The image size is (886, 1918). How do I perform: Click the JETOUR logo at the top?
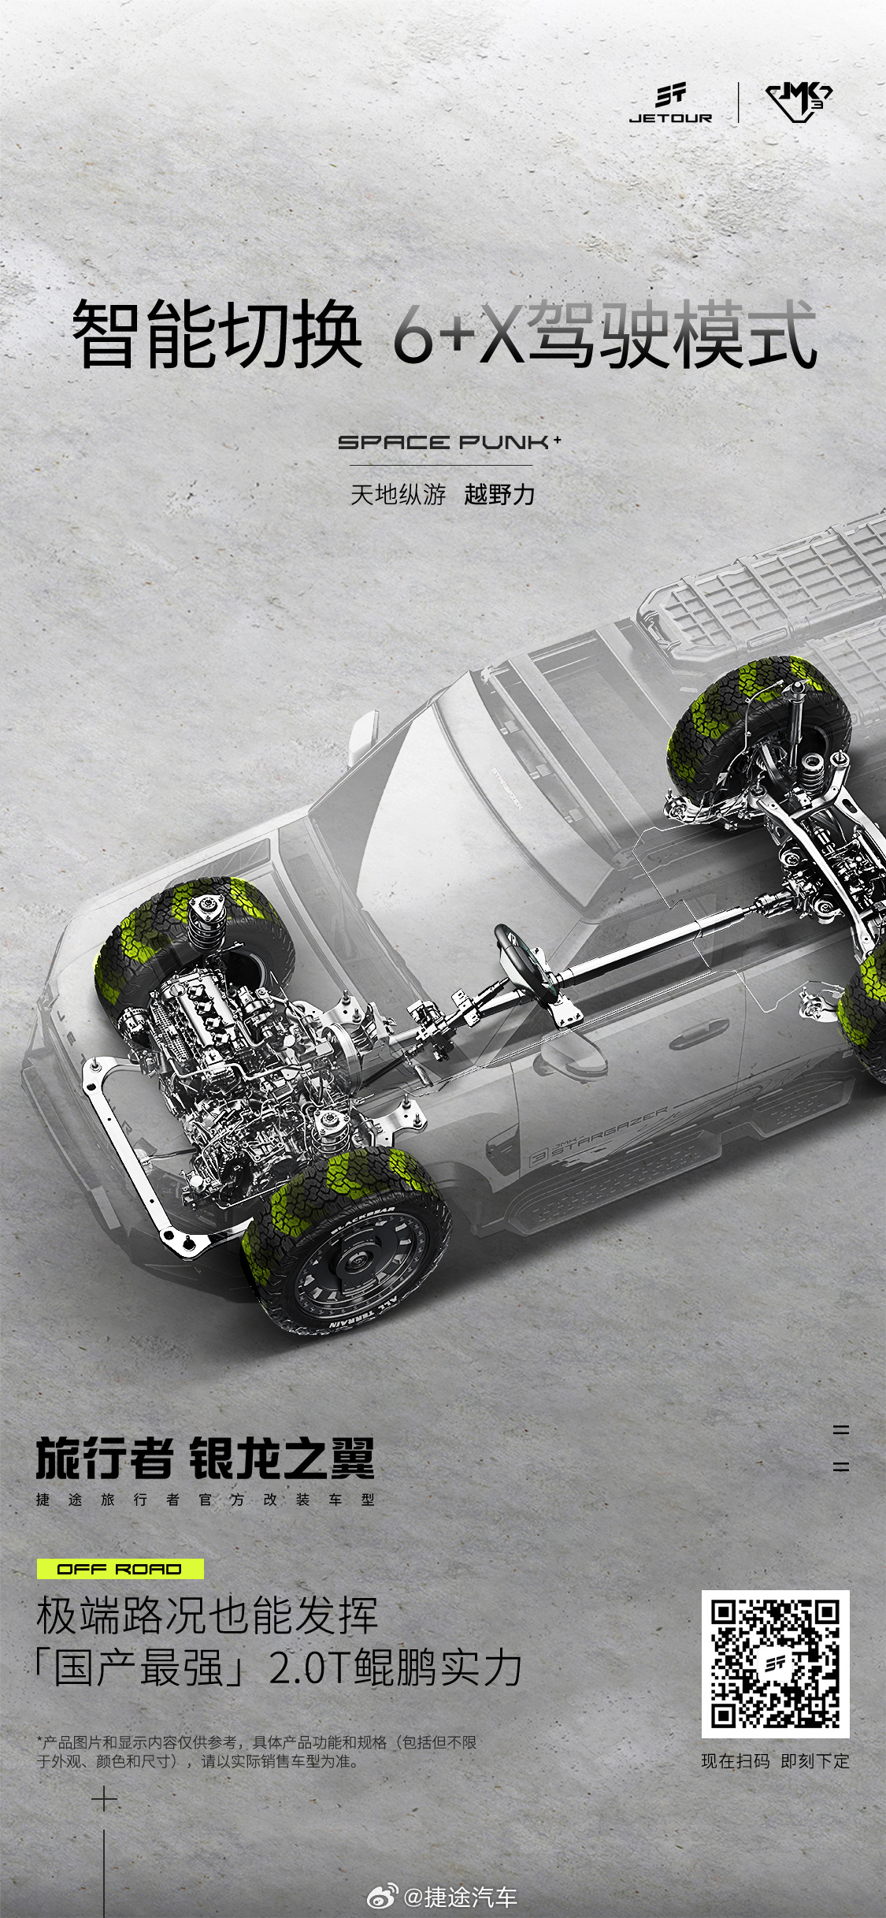click(x=670, y=104)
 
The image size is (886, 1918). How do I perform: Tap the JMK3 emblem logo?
click(x=799, y=103)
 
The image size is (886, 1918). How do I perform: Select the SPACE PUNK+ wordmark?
click(x=450, y=442)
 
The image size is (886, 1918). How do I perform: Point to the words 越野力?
click(x=499, y=495)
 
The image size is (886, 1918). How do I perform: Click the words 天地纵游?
click(x=399, y=495)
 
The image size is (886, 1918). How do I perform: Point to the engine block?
click(x=228, y=1040)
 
